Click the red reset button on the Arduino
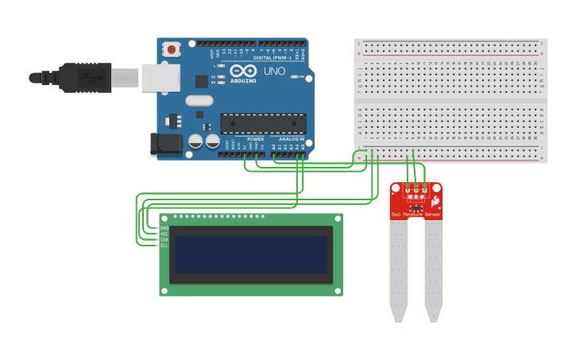(x=171, y=49)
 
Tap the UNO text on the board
(x=274, y=72)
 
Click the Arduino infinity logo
(x=242, y=71)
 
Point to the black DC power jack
(x=165, y=144)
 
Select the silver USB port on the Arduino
(x=160, y=78)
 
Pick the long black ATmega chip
(x=263, y=124)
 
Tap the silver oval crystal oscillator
(x=199, y=101)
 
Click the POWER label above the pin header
(x=255, y=139)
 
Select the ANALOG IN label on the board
(x=292, y=139)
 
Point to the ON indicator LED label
(x=300, y=77)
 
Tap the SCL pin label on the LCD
(x=164, y=246)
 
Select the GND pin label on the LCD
(x=164, y=228)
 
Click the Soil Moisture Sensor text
(x=416, y=215)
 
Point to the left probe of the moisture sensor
(x=398, y=270)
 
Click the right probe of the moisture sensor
(x=433, y=270)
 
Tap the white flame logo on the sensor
(x=435, y=203)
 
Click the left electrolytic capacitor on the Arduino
(x=195, y=141)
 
